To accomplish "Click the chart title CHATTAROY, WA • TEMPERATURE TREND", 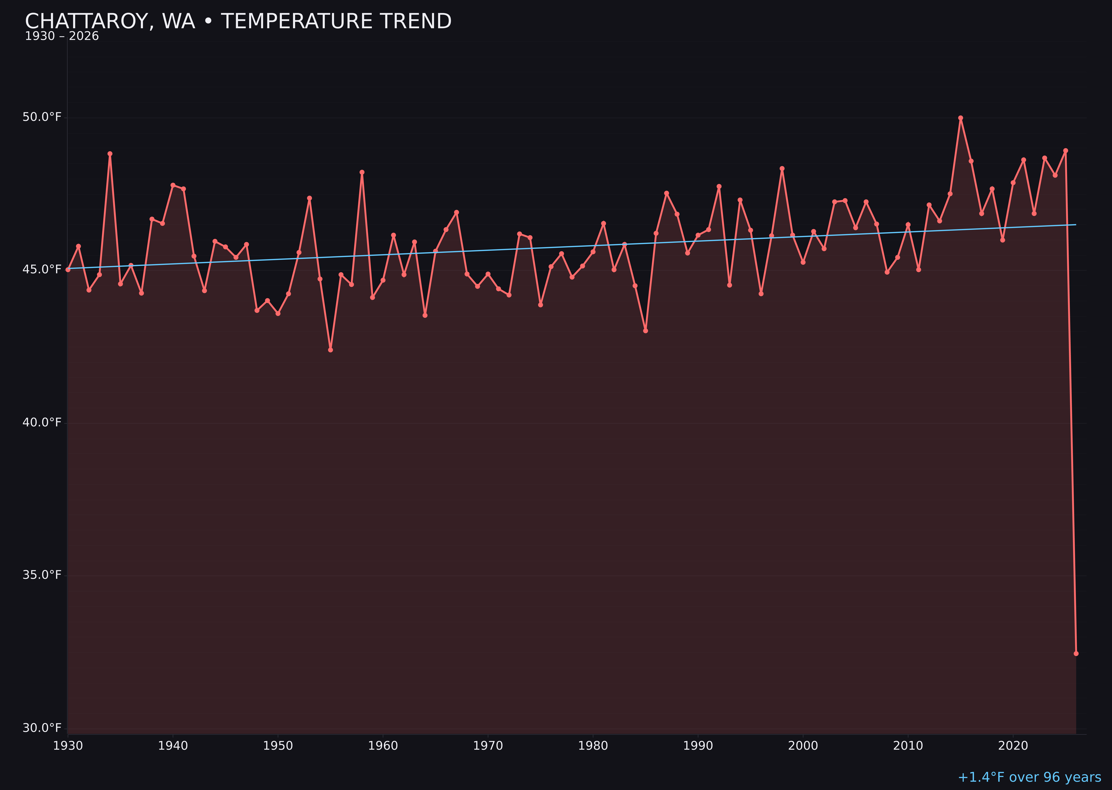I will click(x=238, y=21).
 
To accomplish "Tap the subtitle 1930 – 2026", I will click(x=62, y=36).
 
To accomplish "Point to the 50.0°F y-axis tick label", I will click(x=42, y=117).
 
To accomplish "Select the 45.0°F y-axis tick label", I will click(x=42, y=269).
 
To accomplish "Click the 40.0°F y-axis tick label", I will click(x=42, y=422).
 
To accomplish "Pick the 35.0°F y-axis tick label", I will click(x=42, y=575).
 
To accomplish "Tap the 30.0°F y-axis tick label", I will click(x=42, y=728).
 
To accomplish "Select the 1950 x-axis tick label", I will click(x=278, y=746).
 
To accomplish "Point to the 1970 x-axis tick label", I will click(x=488, y=746).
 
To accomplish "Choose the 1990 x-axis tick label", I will click(x=698, y=746).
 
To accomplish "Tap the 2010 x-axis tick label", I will click(x=908, y=746).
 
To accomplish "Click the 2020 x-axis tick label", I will click(x=1013, y=746).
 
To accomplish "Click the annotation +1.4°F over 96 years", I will click(x=1029, y=777).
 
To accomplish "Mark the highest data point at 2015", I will click(x=960, y=118).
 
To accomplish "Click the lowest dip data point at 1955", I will click(x=331, y=350).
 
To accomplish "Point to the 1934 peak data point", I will click(x=110, y=154).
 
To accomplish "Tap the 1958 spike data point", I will click(x=362, y=172).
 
